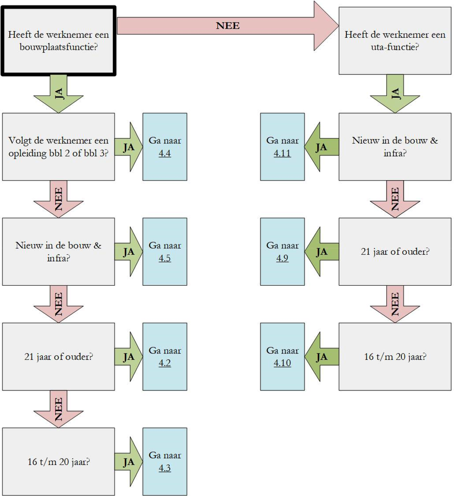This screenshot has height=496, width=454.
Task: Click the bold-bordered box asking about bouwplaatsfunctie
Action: [58, 41]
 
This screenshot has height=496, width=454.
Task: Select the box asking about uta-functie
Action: [395, 41]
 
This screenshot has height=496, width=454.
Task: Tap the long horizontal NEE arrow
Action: [228, 26]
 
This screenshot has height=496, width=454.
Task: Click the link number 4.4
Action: [164, 153]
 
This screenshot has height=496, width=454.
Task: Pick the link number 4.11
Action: [282, 153]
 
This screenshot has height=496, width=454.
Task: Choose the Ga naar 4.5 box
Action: [164, 252]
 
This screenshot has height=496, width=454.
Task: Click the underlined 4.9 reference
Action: [282, 258]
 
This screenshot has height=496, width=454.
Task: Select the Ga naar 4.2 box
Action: [164, 357]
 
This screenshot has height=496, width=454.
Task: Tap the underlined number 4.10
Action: [282, 363]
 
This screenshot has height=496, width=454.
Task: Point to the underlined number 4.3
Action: [164, 468]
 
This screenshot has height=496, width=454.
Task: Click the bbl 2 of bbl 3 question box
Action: [58, 147]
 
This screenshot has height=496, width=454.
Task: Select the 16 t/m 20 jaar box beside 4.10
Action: [395, 357]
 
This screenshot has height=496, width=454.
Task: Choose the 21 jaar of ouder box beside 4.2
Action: [58, 357]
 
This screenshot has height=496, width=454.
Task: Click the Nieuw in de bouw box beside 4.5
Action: [58, 252]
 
